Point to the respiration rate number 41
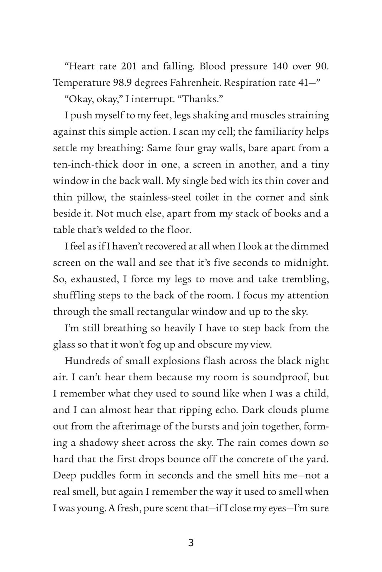pyautogui.click(x=304, y=83)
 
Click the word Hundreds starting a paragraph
pyautogui.click(x=86, y=361)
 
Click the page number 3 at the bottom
pyautogui.click(x=191, y=543)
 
